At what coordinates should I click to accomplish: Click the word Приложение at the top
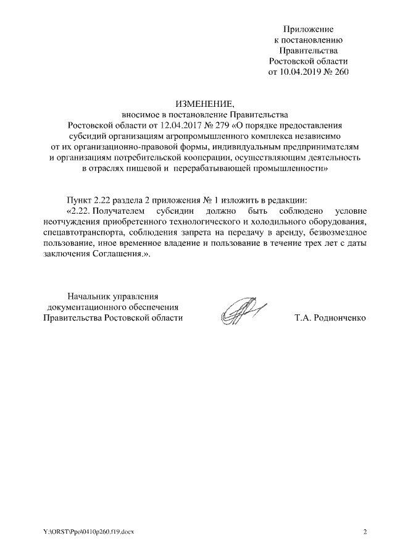click(309, 29)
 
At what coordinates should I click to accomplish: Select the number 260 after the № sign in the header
click(341, 72)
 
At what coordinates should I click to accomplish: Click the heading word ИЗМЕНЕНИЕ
click(197, 103)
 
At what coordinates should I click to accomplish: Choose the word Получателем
click(119, 211)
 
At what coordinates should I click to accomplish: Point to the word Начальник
click(90, 296)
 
